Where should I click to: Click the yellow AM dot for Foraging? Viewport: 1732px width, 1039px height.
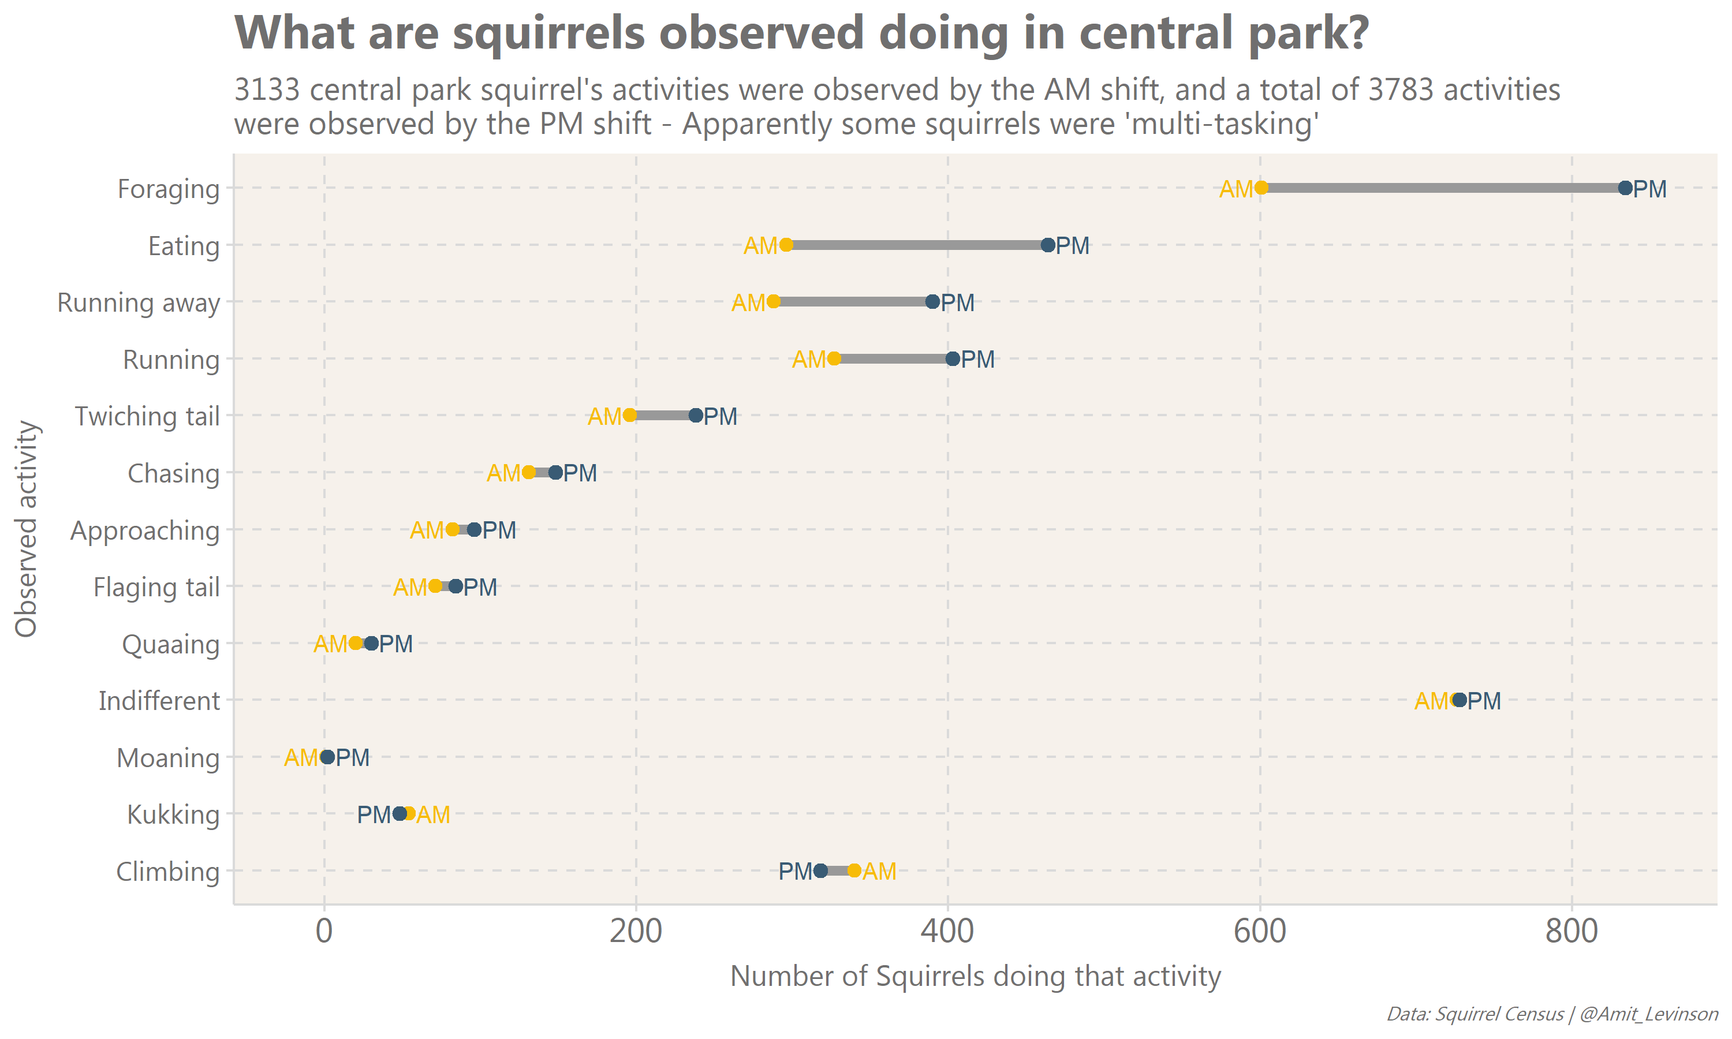click(x=1261, y=188)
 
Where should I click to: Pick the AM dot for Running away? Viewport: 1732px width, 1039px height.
click(x=774, y=302)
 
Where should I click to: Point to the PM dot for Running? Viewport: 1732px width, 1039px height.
click(x=953, y=359)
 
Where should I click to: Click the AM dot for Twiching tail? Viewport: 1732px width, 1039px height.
click(x=629, y=415)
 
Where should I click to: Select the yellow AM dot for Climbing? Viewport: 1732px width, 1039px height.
click(x=854, y=871)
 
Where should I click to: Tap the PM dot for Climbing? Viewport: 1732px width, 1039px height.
click(x=820, y=871)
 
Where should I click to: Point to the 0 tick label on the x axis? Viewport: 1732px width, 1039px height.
click(x=324, y=932)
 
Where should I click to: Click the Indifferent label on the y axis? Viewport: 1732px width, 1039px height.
click(x=159, y=701)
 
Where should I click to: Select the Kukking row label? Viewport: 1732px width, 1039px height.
click(x=173, y=815)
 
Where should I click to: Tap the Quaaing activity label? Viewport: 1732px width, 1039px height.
click(x=171, y=644)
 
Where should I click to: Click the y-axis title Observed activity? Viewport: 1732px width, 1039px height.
click(x=27, y=529)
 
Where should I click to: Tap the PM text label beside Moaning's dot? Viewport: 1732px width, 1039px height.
click(x=353, y=757)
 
